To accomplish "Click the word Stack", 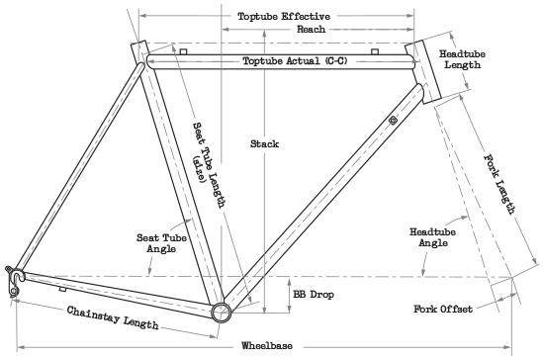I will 264,143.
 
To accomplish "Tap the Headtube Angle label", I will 431,236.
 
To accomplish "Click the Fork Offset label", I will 442,309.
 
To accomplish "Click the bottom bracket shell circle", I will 222,311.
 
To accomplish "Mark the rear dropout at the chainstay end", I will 14,280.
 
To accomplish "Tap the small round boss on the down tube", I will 393,120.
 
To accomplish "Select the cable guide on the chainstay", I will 62,289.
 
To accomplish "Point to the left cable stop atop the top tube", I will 184,49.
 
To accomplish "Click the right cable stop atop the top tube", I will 374,49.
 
